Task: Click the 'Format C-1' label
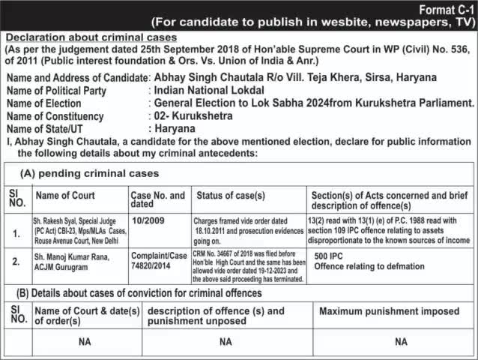coord(443,8)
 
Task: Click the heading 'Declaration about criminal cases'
coord(91,37)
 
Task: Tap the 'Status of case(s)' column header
coord(231,196)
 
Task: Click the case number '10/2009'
coord(147,221)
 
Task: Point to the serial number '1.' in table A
coord(16,233)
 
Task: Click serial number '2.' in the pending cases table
coord(16,262)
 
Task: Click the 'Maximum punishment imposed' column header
coord(390,310)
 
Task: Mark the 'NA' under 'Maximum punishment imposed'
coord(401,341)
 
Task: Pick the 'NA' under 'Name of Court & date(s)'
coord(85,341)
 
